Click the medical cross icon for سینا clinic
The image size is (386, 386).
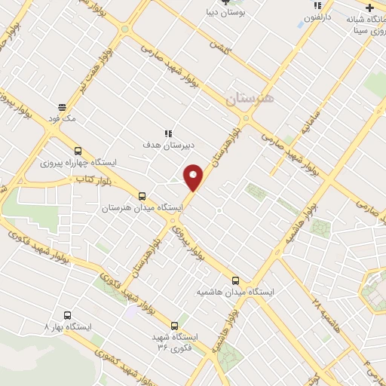coord(369,7)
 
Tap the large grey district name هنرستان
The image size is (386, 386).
coord(252,99)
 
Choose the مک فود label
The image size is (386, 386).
coord(61,118)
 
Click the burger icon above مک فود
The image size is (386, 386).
coord(61,107)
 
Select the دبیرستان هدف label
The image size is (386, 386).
coord(167,142)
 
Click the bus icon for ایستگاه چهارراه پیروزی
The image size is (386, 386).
coord(79,150)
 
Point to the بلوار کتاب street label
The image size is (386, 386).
coord(88,179)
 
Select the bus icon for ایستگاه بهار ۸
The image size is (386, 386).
coord(68,315)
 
